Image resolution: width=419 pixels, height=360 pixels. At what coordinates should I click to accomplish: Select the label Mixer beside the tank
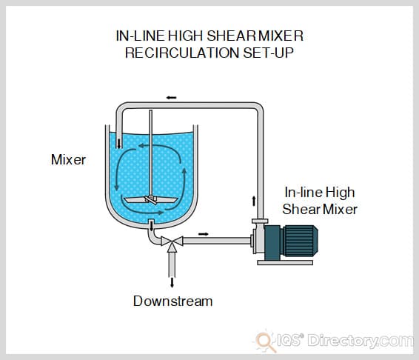coord(67,159)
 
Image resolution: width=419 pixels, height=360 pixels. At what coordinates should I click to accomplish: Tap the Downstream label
coord(172,301)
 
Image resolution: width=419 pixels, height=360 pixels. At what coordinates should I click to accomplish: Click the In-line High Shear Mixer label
coord(321,201)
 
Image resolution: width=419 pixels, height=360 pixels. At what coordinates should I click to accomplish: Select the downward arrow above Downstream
coord(172,281)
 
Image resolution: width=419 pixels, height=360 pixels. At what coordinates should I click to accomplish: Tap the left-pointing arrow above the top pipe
coord(171,97)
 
